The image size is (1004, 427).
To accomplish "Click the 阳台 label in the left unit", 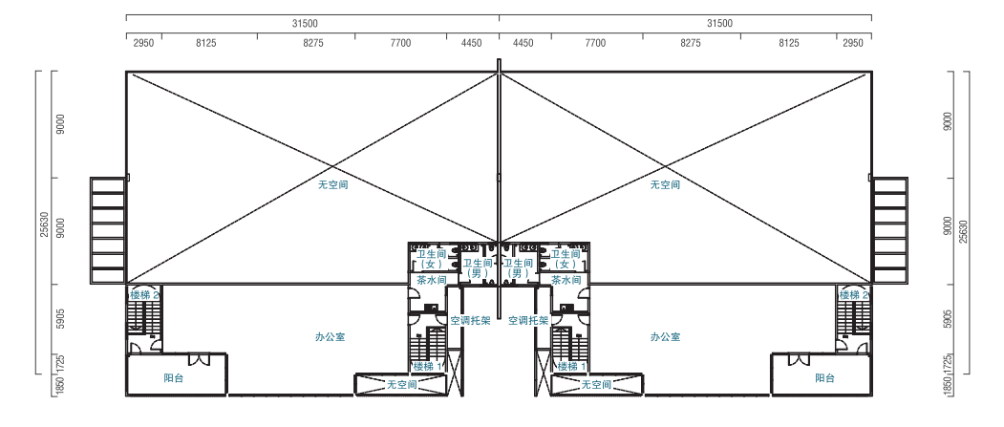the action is (174, 378).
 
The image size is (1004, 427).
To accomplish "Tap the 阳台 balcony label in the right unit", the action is (824, 378).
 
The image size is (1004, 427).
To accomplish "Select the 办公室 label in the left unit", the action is (331, 337).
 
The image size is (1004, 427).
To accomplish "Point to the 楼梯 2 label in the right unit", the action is (853, 295).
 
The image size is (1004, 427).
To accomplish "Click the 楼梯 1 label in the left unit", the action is (428, 367).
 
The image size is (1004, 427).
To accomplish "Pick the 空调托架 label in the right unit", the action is (528, 321).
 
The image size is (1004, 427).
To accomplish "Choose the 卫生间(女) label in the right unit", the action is (565, 259).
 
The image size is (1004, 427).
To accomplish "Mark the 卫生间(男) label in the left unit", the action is (478, 267).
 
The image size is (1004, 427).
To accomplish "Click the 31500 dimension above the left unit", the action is (305, 24).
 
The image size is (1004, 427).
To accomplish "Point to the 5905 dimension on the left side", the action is (61, 318).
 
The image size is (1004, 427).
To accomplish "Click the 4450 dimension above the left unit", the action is (471, 44).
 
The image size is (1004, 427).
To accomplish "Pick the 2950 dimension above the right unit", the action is (853, 44).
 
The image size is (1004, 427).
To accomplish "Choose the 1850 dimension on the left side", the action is (61, 387).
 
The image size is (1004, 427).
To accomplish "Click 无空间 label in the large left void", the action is (333, 185).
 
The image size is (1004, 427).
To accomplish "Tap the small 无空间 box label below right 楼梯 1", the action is (596, 385).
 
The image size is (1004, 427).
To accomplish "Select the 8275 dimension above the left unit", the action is (313, 44).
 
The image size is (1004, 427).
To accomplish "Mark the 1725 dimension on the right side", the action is (949, 364).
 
